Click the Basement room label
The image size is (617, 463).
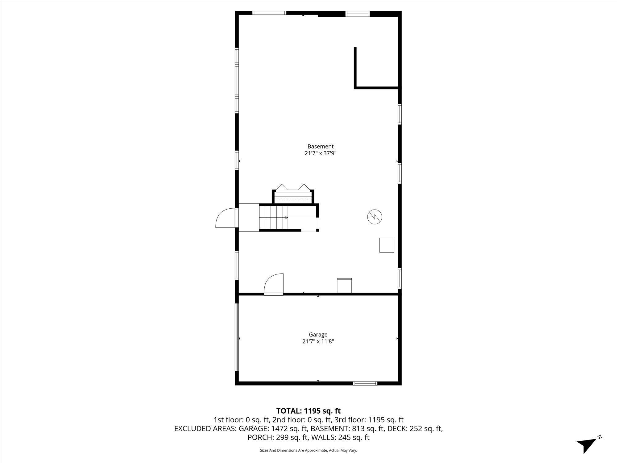point(320,146)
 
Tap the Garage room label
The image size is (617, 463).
point(318,335)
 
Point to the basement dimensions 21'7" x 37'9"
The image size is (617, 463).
point(320,153)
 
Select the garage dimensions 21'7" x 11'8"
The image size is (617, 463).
point(318,341)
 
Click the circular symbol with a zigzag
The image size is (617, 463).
point(375,217)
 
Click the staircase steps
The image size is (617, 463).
point(273,218)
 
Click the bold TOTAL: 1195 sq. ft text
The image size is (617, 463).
point(308,411)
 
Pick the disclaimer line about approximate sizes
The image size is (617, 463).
point(308,451)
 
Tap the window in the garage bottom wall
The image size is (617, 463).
point(365,383)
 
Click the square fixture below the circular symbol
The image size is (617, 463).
point(387,245)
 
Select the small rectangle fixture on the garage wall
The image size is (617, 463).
point(344,286)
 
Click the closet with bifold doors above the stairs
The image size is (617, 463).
point(293,194)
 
